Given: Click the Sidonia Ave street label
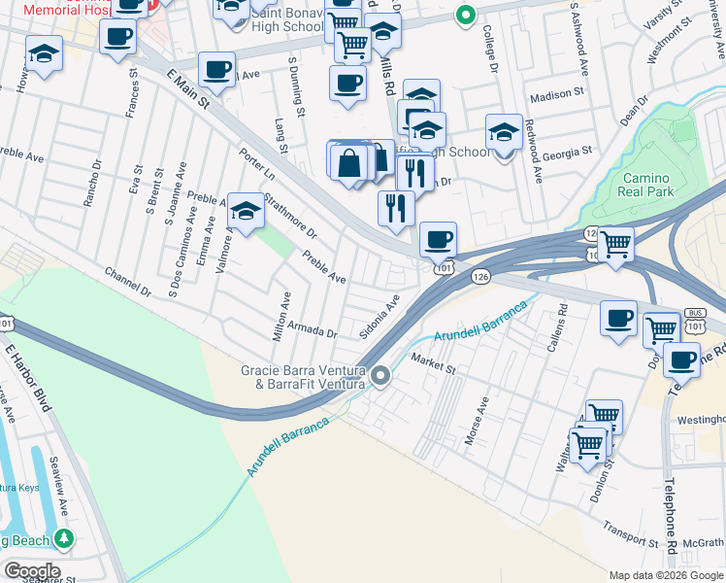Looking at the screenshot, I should click(379, 312).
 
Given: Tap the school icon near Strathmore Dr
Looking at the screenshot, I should click(247, 211).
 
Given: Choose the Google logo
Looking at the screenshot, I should click(32, 571).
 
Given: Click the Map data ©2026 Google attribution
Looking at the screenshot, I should click(666, 575).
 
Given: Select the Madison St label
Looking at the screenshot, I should click(556, 96).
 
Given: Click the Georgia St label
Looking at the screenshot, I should click(568, 154).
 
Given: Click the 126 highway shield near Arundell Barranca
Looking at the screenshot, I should click(482, 277).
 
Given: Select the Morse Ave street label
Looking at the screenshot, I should click(476, 421).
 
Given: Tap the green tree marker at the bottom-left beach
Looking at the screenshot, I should click(64, 537).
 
